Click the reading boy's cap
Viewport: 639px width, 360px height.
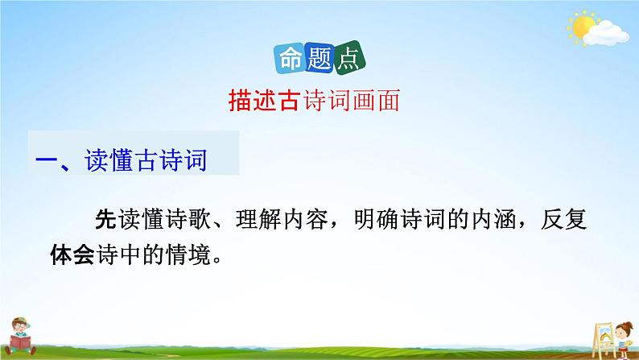[22, 319]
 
